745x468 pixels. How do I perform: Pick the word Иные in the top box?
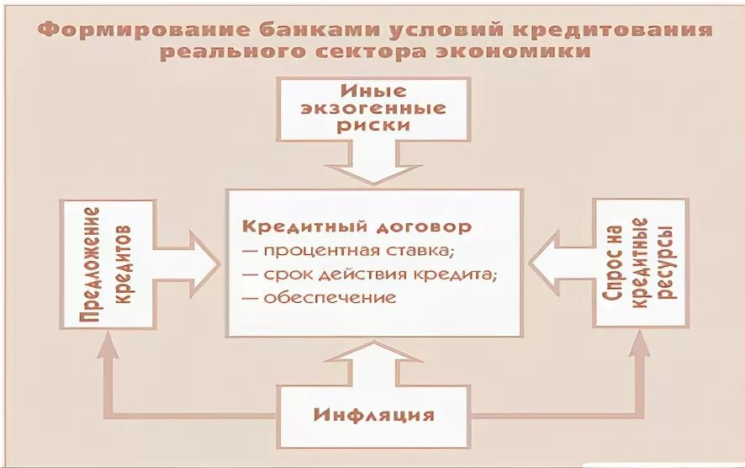point(373,90)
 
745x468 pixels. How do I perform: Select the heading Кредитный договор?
point(357,226)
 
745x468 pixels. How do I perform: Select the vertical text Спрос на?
point(614,263)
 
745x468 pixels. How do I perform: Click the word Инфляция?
point(374,415)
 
